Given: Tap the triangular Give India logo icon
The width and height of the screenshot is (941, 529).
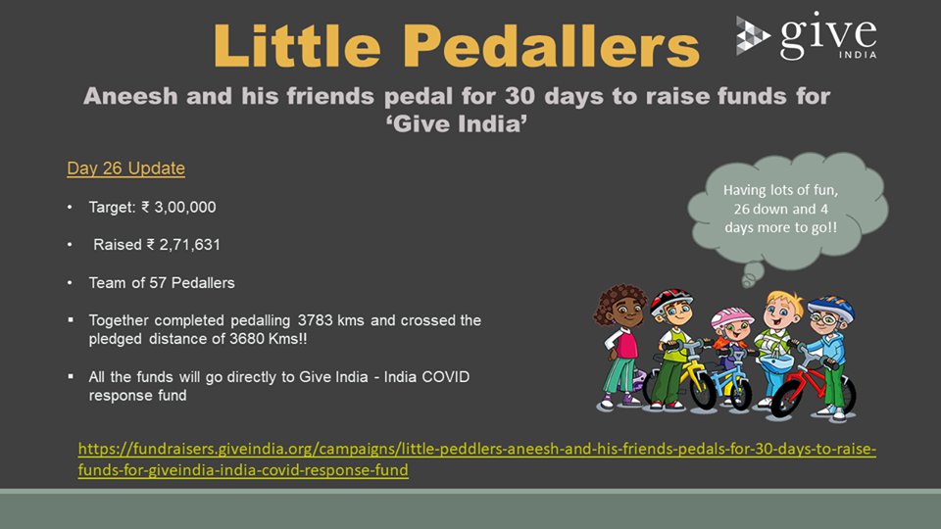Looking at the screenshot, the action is coord(753,36).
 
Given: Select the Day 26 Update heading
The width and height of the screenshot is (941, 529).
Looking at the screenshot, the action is coord(126,168).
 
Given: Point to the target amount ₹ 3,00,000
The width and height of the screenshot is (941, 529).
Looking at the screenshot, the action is coord(178,207).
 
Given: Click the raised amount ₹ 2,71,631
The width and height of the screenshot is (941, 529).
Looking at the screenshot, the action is coord(183,245).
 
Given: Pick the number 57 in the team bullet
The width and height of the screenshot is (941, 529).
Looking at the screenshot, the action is coord(157,282).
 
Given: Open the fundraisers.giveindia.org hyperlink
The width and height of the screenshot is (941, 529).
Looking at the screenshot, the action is coord(477,458).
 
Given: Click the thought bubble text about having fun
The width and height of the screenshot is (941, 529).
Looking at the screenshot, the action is coord(780,209).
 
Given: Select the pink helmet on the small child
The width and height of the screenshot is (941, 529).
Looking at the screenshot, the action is coord(731,316).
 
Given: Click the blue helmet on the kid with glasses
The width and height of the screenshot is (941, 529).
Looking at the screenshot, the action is coord(831,307).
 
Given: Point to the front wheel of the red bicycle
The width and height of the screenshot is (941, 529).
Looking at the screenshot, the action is coord(787,398).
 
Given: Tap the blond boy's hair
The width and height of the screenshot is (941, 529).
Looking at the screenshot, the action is coord(783,301).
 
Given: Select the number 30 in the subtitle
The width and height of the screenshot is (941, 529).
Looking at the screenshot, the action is coord(520,96).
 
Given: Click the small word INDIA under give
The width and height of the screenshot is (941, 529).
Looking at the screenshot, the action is coord(858,55).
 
